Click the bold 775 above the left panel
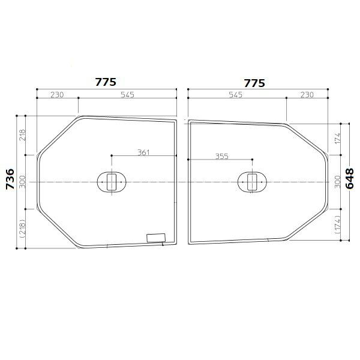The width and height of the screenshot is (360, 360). click(x=106, y=82)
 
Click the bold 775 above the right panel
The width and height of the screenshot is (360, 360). click(x=254, y=83)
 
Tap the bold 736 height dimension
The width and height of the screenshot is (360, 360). click(x=10, y=179)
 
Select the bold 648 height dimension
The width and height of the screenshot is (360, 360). click(x=350, y=179)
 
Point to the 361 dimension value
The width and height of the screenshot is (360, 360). click(x=143, y=152)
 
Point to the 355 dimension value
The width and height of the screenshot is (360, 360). click(x=222, y=157)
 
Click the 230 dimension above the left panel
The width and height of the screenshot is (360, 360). click(x=57, y=95)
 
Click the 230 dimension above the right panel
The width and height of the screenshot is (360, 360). click(x=307, y=95)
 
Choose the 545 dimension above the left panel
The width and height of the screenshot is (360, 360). click(x=127, y=95)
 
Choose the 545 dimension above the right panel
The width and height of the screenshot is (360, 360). click(x=236, y=95)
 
